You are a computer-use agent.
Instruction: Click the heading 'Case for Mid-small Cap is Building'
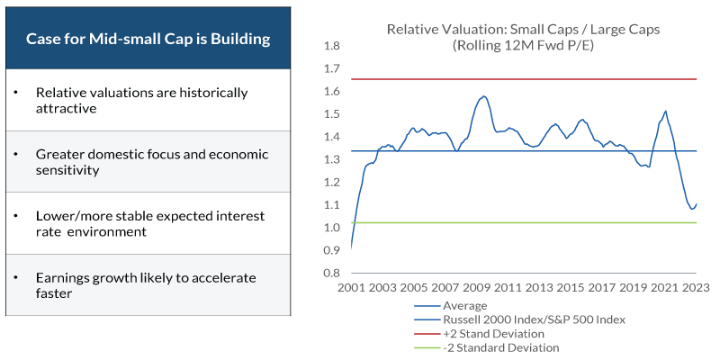tap(148, 40)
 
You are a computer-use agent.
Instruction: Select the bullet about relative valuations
tap(141, 100)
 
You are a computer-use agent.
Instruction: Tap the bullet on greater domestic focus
tap(151, 161)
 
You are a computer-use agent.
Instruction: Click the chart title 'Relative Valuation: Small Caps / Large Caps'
tap(523, 29)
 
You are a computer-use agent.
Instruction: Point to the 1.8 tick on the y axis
tap(332, 46)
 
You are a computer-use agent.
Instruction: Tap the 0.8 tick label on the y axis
tap(332, 273)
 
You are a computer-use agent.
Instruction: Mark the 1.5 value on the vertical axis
tap(332, 114)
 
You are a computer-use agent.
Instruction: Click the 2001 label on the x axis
tap(351, 288)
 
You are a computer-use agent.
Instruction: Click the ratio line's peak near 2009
tap(484, 96)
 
